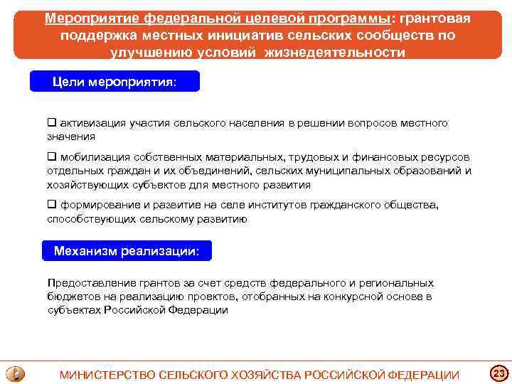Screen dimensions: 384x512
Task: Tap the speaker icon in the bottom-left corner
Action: (x=15, y=374)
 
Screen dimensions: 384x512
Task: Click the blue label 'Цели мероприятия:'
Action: (x=114, y=82)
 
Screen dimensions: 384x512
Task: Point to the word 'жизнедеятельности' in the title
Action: (x=338, y=52)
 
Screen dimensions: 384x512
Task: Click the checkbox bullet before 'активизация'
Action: (x=52, y=123)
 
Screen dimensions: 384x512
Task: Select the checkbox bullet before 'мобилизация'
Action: (x=52, y=157)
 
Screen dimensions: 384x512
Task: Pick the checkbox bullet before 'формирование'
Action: (x=52, y=205)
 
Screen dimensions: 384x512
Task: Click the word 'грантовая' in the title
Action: (x=434, y=18)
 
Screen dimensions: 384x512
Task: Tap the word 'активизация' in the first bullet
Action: (x=92, y=123)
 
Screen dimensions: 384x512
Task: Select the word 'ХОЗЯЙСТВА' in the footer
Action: (x=268, y=375)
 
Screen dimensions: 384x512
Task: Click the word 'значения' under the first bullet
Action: (x=70, y=137)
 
